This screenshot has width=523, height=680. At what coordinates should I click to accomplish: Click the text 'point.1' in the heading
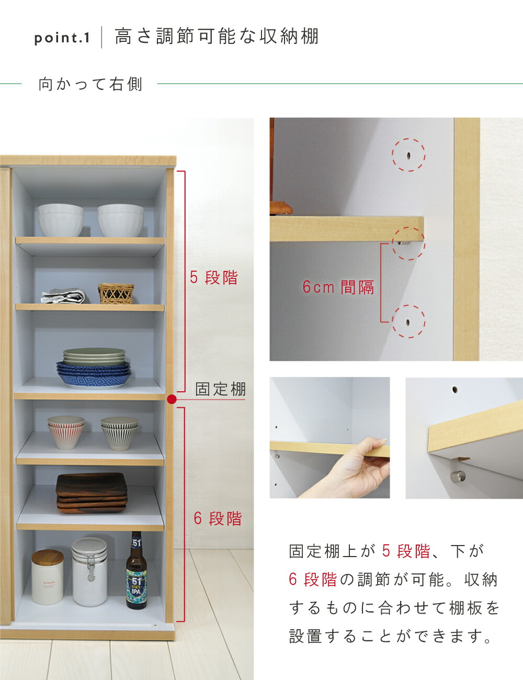(x=62, y=38)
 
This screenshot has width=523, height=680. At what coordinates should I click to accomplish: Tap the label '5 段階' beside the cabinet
(x=213, y=277)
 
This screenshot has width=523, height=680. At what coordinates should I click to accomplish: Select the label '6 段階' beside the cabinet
(x=218, y=518)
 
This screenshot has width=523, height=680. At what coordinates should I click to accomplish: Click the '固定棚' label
(x=220, y=389)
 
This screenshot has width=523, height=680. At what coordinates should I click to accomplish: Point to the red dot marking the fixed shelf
(x=172, y=400)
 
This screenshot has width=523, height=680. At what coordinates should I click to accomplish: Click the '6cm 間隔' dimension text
(x=338, y=287)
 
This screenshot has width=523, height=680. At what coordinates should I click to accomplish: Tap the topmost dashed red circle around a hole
(x=408, y=155)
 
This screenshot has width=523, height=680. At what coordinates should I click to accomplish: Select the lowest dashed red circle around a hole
(x=408, y=321)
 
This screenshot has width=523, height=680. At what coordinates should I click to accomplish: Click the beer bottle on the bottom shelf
(x=136, y=573)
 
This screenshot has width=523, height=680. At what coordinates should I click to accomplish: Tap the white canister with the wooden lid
(x=47, y=577)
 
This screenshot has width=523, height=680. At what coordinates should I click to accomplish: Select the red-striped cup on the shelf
(x=66, y=432)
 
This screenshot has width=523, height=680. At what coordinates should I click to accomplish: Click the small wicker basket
(x=116, y=293)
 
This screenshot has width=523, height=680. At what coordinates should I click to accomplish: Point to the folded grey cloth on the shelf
(x=63, y=297)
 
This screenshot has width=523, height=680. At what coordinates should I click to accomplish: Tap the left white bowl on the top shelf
(x=60, y=220)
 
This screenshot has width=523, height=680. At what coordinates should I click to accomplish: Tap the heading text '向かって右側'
(x=90, y=84)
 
